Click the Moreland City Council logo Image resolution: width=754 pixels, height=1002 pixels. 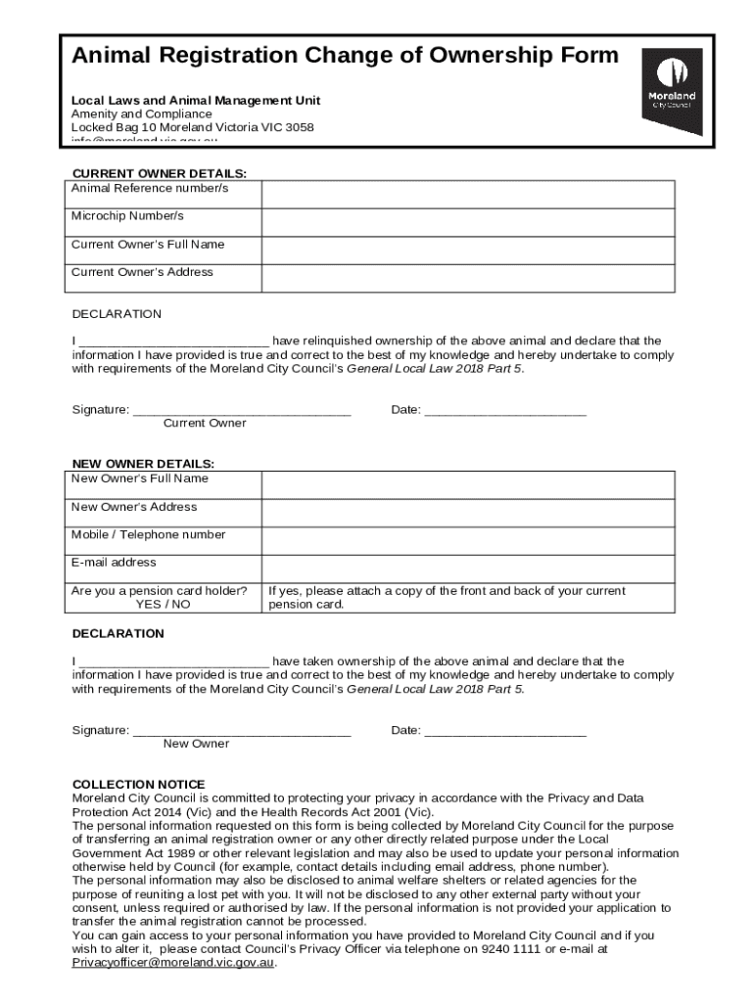671,90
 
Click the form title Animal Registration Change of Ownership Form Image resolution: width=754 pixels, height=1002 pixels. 345,55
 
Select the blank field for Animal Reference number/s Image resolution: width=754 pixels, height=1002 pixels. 467,195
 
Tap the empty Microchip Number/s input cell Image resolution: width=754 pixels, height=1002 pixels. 467,222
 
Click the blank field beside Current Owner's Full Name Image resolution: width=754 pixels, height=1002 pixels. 467,250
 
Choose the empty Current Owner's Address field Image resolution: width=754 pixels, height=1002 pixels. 467,278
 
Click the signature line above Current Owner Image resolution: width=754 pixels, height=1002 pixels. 242,412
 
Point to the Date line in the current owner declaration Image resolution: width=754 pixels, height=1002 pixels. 505,412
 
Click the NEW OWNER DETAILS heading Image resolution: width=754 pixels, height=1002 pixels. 143,463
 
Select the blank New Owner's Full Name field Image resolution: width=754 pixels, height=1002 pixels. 467,485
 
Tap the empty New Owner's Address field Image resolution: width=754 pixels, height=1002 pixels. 467,513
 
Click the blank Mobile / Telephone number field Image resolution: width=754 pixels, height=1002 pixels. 467,541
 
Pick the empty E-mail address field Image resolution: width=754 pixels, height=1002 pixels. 467,569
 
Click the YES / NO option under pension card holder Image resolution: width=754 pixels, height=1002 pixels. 164,605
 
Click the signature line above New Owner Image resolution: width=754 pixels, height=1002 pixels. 242,732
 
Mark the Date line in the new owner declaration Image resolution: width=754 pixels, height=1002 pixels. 505,732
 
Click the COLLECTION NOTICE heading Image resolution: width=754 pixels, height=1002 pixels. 139,785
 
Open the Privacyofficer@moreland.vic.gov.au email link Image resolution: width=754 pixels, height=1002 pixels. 174,963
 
